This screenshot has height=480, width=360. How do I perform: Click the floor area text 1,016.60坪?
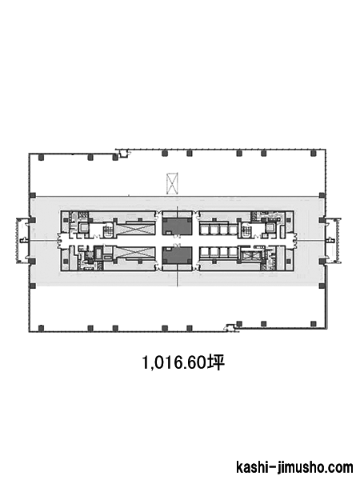183,362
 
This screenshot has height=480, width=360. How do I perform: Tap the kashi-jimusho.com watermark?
294,467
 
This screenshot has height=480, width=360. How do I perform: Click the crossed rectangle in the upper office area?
172,184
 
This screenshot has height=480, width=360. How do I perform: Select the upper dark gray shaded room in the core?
177,226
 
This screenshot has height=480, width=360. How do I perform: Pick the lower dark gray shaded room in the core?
177,256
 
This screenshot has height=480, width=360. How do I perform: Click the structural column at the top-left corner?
41,158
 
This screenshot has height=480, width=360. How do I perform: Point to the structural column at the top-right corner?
313,154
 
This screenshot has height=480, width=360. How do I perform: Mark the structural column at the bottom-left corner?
41,328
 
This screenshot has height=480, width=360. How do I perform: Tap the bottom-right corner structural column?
313,323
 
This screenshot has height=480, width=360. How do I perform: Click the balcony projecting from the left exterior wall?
22,240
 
